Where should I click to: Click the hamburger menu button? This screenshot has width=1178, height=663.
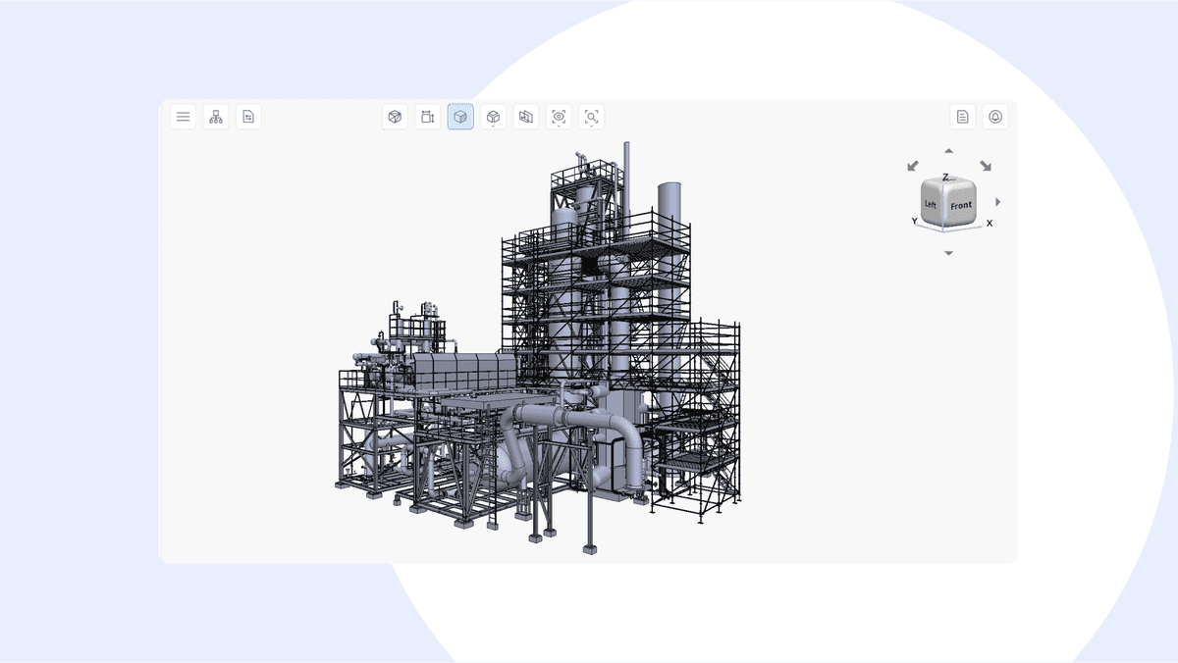(x=183, y=117)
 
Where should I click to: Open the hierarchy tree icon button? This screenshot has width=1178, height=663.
(x=216, y=117)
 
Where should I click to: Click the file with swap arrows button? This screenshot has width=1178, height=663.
(x=248, y=117)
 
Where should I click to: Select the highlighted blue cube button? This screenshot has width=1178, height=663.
(x=460, y=117)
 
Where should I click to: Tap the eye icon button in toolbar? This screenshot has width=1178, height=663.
(x=559, y=117)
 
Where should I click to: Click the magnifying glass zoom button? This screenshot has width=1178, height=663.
(x=591, y=117)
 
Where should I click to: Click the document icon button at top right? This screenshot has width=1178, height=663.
(x=962, y=117)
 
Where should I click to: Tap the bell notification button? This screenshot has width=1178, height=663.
(x=995, y=117)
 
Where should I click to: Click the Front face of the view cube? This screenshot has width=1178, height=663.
(x=961, y=205)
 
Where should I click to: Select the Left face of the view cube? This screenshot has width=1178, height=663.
(x=931, y=204)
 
